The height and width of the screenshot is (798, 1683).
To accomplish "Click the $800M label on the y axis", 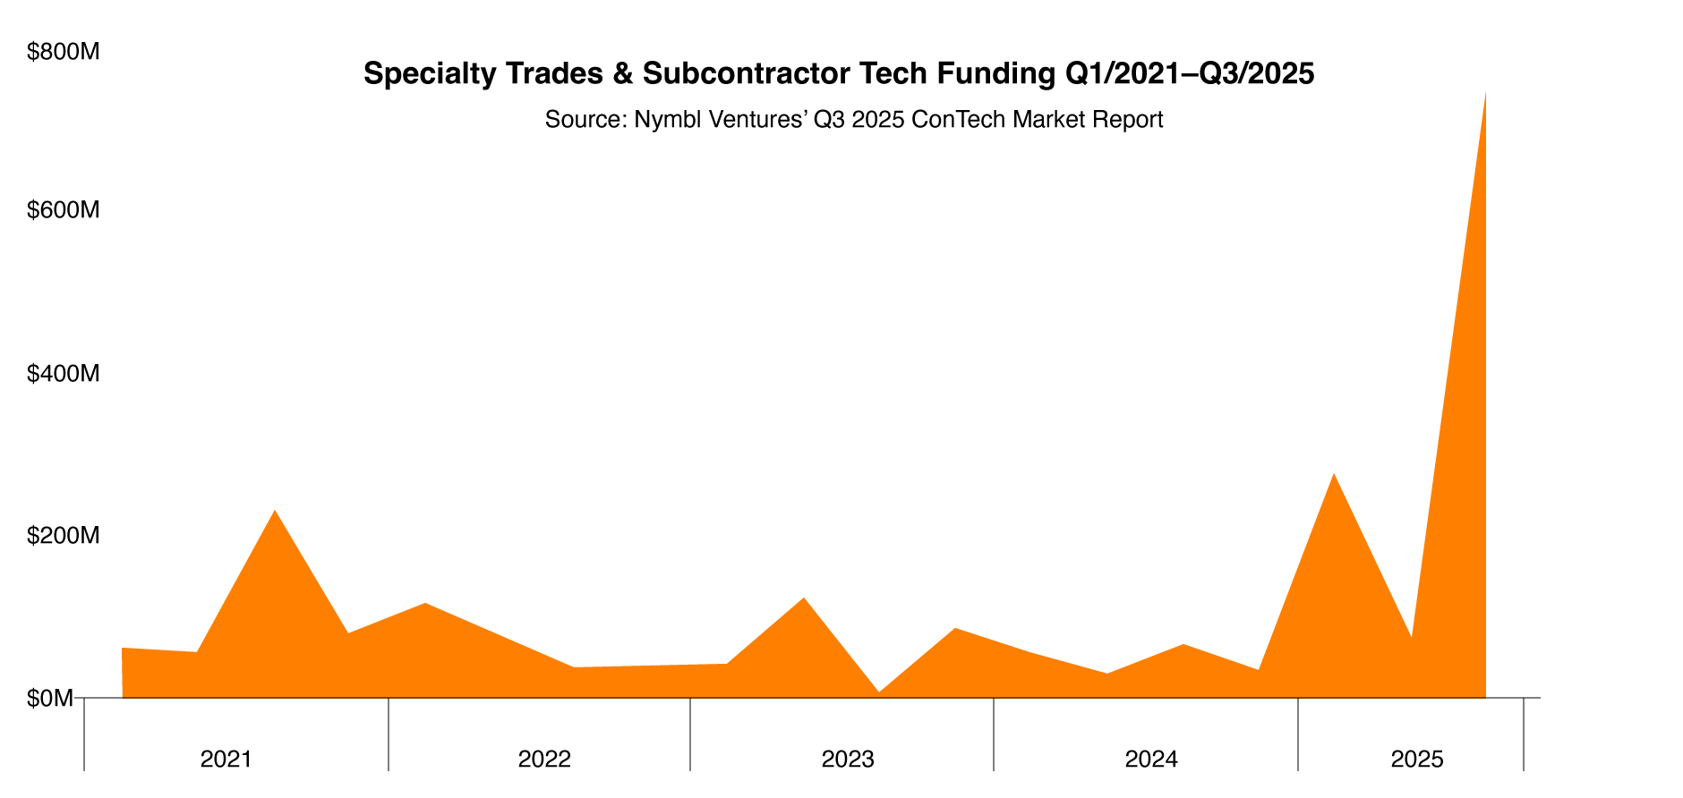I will (x=63, y=53).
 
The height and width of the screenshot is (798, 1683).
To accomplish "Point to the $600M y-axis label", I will (x=63, y=211).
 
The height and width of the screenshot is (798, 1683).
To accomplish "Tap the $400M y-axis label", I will (x=63, y=374).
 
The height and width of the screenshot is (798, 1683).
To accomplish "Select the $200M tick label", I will (x=63, y=536).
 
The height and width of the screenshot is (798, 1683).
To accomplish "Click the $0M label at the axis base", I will (x=50, y=698).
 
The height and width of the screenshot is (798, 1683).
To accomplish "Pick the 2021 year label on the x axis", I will (x=226, y=760).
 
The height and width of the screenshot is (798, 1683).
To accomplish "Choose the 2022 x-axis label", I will (x=544, y=760).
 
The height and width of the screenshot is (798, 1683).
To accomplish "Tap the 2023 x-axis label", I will (x=848, y=760).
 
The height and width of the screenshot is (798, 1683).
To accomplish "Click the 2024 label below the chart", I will (x=1151, y=760).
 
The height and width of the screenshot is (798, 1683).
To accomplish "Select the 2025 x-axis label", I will (x=1417, y=760).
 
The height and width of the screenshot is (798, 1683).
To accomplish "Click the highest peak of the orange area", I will (x=1485, y=93).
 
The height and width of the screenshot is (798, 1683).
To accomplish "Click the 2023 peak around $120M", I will (x=803, y=598).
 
